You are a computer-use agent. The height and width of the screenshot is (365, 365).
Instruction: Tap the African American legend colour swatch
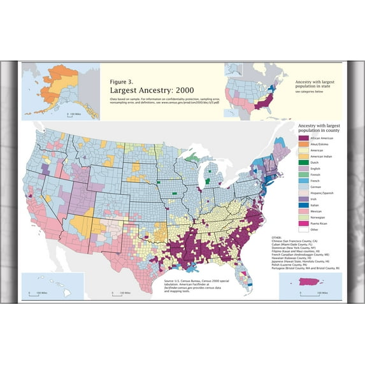(x=303, y=138)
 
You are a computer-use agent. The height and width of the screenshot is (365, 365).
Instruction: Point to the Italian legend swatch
(x=303, y=205)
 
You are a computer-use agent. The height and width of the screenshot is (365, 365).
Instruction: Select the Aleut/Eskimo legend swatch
(x=303, y=147)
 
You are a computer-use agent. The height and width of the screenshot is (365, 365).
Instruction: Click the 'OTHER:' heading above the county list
(x=278, y=241)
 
